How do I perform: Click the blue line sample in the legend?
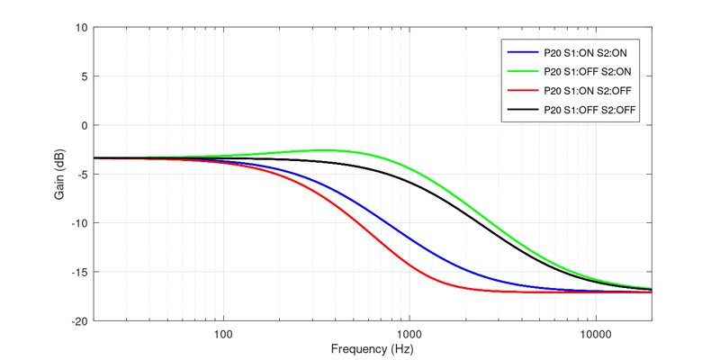pyautogui.click(x=522, y=51)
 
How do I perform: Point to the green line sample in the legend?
pyautogui.click(x=522, y=71)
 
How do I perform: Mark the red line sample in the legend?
pyautogui.click(x=522, y=90)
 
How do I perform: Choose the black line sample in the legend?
pyautogui.click(x=522, y=110)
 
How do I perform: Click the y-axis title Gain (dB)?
pyautogui.click(x=60, y=174)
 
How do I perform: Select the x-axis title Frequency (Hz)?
pyautogui.click(x=373, y=348)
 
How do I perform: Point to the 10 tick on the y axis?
pyautogui.click(x=81, y=28)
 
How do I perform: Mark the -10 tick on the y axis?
pyautogui.click(x=79, y=223)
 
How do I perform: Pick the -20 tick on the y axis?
pyautogui.click(x=79, y=321)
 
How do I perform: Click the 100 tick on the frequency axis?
pyautogui.click(x=223, y=333)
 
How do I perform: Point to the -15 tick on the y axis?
pyautogui.click(x=79, y=272)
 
